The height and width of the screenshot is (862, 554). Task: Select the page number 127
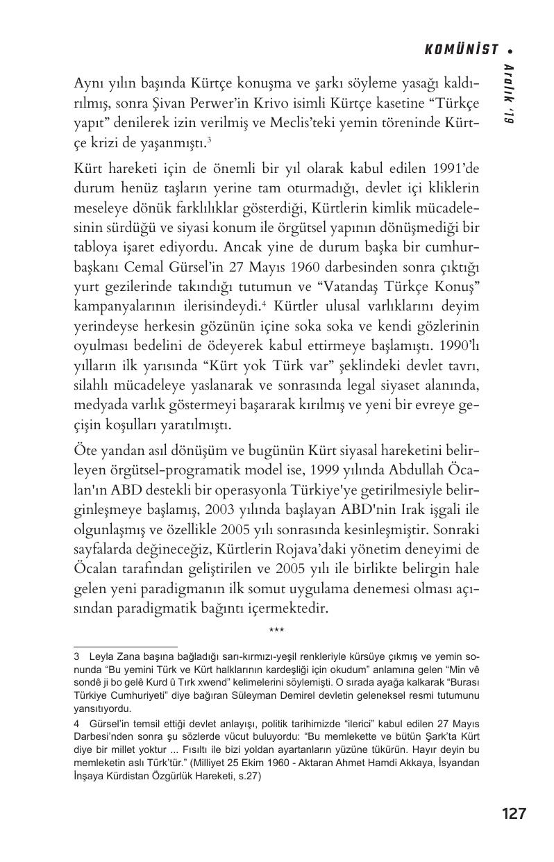click(513, 813)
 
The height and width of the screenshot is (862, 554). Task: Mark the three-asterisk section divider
click(276, 631)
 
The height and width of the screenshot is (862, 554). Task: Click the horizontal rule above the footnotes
click(125, 646)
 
